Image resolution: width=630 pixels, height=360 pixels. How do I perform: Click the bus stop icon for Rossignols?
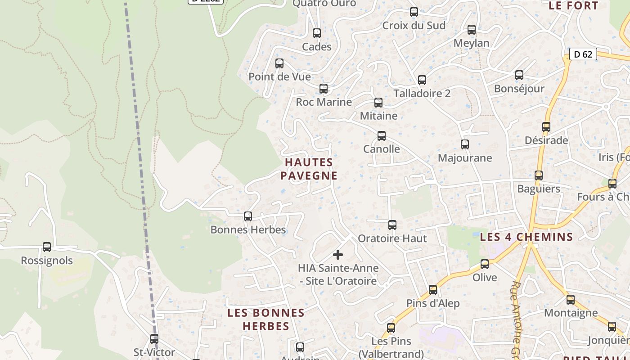(x=47, y=247)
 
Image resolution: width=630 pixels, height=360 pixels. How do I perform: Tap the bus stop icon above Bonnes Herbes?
(x=247, y=216)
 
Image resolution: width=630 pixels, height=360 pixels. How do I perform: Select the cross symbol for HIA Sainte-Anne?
(x=337, y=255)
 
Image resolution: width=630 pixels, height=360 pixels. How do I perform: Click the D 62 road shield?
(x=583, y=54)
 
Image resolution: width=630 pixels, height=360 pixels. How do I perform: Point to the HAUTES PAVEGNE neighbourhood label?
(x=309, y=169)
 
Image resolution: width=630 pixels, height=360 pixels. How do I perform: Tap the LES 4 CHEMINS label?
(x=526, y=237)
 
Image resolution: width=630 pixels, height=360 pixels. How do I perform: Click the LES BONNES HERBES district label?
(x=266, y=319)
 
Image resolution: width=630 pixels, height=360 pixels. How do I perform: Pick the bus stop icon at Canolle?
(x=382, y=135)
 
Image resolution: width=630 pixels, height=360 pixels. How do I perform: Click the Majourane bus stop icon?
(x=465, y=144)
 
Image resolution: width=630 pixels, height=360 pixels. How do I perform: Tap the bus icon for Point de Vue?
(x=279, y=63)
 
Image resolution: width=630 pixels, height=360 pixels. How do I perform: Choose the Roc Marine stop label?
(x=324, y=102)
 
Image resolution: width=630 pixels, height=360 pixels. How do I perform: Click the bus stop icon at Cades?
(x=317, y=33)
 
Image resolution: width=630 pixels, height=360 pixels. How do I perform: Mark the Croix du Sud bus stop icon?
(x=414, y=12)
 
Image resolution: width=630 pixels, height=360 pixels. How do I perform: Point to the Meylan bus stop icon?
(x=472, y=30)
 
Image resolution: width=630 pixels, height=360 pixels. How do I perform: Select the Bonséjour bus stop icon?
(x=519, y=75)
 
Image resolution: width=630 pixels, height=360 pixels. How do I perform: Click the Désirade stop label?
(x=546, y=140)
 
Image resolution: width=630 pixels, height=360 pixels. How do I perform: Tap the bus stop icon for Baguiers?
(x=539, y=175)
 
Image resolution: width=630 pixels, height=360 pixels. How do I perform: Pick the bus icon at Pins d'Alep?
(x=433, y=290)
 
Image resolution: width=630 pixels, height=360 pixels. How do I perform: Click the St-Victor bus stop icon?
(x=154, y=338)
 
